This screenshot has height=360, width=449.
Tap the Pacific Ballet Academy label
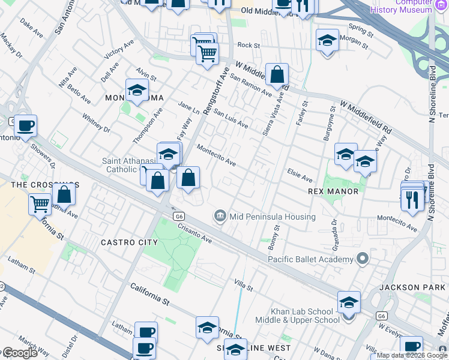(310, 259)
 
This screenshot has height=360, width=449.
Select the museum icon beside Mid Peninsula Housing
(220, 215)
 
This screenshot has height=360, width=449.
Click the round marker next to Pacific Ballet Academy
(362, 259)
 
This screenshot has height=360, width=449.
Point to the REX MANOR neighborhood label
(333, 191)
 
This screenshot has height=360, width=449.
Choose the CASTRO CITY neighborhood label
(129, 242)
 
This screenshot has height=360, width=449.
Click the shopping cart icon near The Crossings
(40, 203)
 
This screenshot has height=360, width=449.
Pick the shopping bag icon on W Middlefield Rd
(277, 75)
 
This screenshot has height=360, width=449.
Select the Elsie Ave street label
(300, 178)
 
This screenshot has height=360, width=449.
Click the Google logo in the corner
(20, 353)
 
